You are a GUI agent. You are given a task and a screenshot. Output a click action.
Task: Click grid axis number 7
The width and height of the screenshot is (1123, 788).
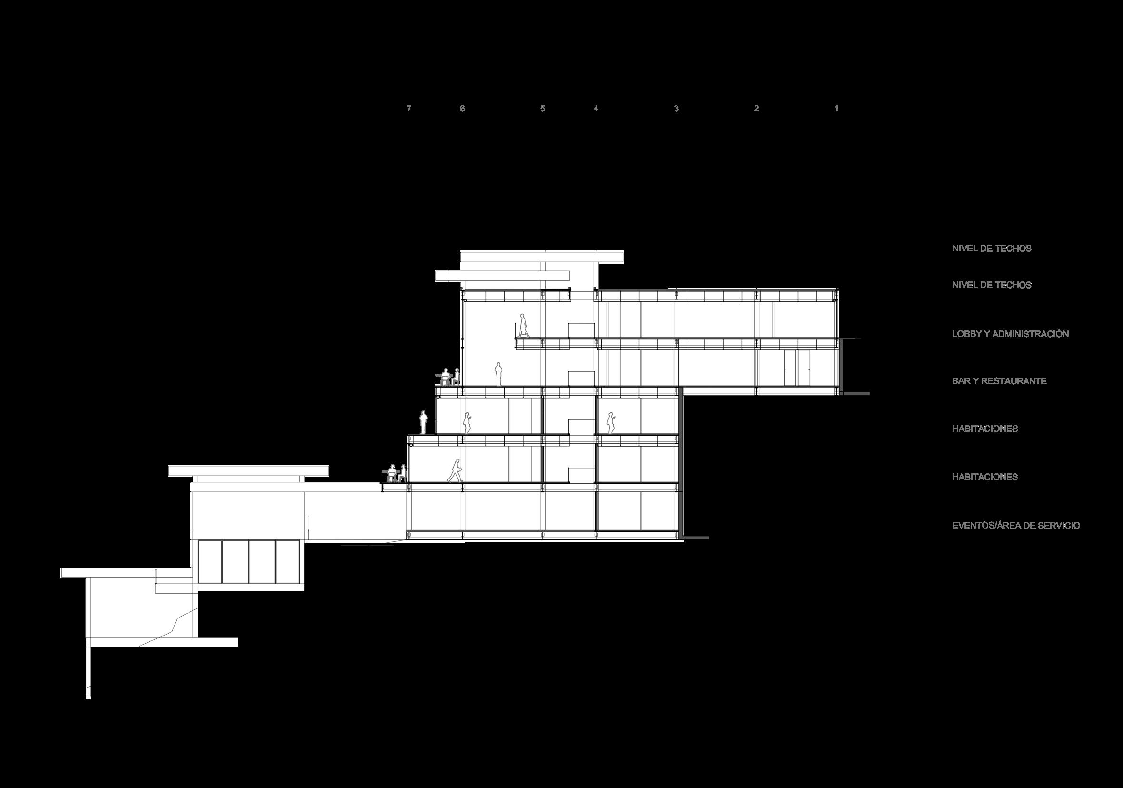409,109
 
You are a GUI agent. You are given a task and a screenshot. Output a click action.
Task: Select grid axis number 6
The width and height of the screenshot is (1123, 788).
462,109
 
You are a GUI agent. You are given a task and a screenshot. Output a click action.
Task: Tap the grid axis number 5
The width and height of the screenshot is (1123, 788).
542,109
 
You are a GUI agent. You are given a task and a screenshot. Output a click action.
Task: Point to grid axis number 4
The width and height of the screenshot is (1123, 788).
596,109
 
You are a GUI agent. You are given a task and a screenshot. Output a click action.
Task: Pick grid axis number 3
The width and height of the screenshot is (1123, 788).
676,109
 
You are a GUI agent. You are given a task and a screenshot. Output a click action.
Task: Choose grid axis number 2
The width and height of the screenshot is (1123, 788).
756,109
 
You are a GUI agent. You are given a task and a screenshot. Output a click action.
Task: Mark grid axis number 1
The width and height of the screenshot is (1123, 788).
836,109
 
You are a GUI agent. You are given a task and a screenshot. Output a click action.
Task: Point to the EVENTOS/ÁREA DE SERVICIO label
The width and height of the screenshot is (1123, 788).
1015,526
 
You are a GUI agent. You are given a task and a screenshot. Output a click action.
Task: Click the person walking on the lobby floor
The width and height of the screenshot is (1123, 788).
523,326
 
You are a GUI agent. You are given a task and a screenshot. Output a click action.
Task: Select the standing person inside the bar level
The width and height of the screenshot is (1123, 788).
498,374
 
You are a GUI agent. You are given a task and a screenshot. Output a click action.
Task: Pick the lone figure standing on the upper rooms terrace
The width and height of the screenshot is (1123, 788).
424,422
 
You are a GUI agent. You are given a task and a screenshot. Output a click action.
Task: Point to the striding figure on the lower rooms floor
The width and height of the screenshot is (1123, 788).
456,470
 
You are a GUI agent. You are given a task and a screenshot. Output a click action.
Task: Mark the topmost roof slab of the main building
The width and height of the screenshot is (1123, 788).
541,256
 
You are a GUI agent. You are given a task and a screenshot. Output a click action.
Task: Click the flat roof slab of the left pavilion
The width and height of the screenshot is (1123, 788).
248,470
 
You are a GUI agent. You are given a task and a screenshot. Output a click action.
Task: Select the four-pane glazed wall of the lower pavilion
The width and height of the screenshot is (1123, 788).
248,561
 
